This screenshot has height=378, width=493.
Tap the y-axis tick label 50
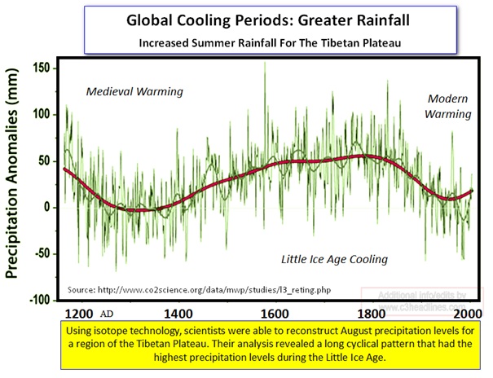(x=44, y=160)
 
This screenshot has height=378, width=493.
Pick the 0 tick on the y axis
(x=47, y=207)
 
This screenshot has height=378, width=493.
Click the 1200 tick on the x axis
(x=80, y=313)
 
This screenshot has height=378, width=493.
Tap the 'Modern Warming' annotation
(x=448, y=106)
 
